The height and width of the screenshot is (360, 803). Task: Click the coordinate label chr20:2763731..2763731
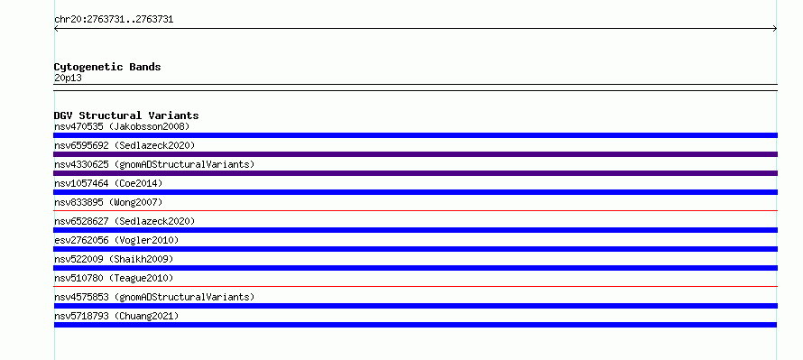(x=114, y=20)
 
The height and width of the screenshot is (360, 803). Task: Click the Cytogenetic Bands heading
(x=107, y=67)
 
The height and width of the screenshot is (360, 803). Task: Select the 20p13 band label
(x=68, y=78)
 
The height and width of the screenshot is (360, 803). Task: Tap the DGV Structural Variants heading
(x=126, y=115)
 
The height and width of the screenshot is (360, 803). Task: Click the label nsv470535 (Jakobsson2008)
(x=122, y=126)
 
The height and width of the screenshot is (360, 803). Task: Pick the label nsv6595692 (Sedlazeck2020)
(x=125, y=145)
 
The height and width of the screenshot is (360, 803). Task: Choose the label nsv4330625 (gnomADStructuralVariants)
(x=154, y=164)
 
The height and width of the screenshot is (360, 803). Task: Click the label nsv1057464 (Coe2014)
(x=108, y=183)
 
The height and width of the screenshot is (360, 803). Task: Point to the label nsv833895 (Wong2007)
(x=108, y=202)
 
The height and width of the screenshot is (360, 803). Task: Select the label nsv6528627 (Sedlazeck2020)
(x=125, y=221)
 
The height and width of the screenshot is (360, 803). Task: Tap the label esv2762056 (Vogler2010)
(x=116, y=240)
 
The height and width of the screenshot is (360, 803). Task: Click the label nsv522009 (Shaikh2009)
(x=114, y=259)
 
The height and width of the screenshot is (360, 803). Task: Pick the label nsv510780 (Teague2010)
(x=114, y=278)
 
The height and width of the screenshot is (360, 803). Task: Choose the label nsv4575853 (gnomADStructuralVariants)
(x=154, y=297)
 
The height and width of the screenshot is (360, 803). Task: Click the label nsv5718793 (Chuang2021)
(x=116, y=316)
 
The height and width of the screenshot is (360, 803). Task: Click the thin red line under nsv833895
(x=415, y=210)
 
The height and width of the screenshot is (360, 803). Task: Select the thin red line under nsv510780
(x=415, y=286)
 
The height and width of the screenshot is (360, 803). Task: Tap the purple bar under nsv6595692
(x=415, y=154)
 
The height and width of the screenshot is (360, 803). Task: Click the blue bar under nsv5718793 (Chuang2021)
(x=415, y=325)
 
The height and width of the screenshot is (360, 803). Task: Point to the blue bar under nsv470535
(x=415, y=135)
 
